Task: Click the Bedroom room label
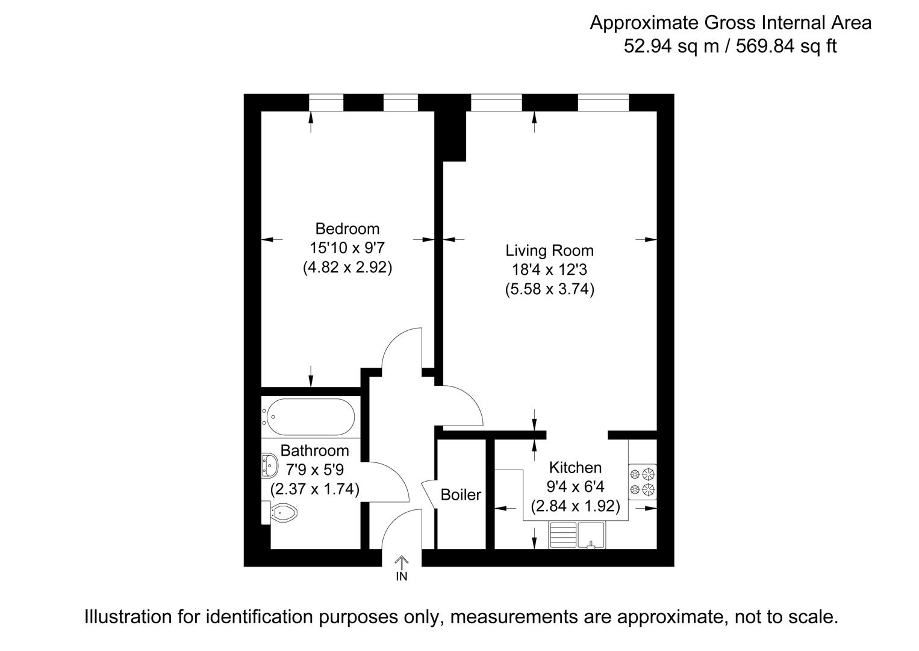tap(347, 229)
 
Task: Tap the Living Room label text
tap(549, 251)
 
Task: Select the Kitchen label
tap(575, 468)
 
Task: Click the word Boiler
tap(461, 495)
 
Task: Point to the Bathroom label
tap(314, 451)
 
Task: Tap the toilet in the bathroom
tap(283, 513)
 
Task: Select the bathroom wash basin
tap(269, 465)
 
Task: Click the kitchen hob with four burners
tap(642, 481)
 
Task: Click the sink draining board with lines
tap(563, 535)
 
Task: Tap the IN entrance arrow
tap(401, 565)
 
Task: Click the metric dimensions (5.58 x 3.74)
tap(549, 289)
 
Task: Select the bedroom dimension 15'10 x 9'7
tap(347, 248)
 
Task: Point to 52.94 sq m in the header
tap(671, 46)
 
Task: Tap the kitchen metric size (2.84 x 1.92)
tap(575, 506)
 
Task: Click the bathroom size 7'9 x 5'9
tap(314, 470)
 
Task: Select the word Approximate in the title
tap(645, 23)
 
